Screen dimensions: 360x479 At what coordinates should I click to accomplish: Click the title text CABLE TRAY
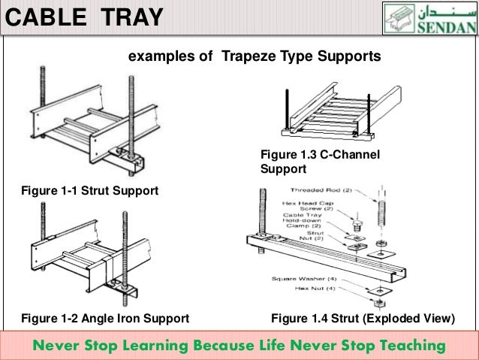pyautogui.click(x=85, y=16)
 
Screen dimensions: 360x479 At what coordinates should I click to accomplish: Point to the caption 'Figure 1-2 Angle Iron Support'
pyautogui.click(x=98, y=319)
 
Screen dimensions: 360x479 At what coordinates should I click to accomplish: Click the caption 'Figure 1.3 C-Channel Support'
pyautogui.click(x=320, y=162)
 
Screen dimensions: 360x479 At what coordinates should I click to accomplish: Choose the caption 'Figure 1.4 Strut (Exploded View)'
pyautogui.click(x=363, y=319)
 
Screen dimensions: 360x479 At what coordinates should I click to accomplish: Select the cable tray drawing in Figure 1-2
pyautogui.click(x=75, y=256)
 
